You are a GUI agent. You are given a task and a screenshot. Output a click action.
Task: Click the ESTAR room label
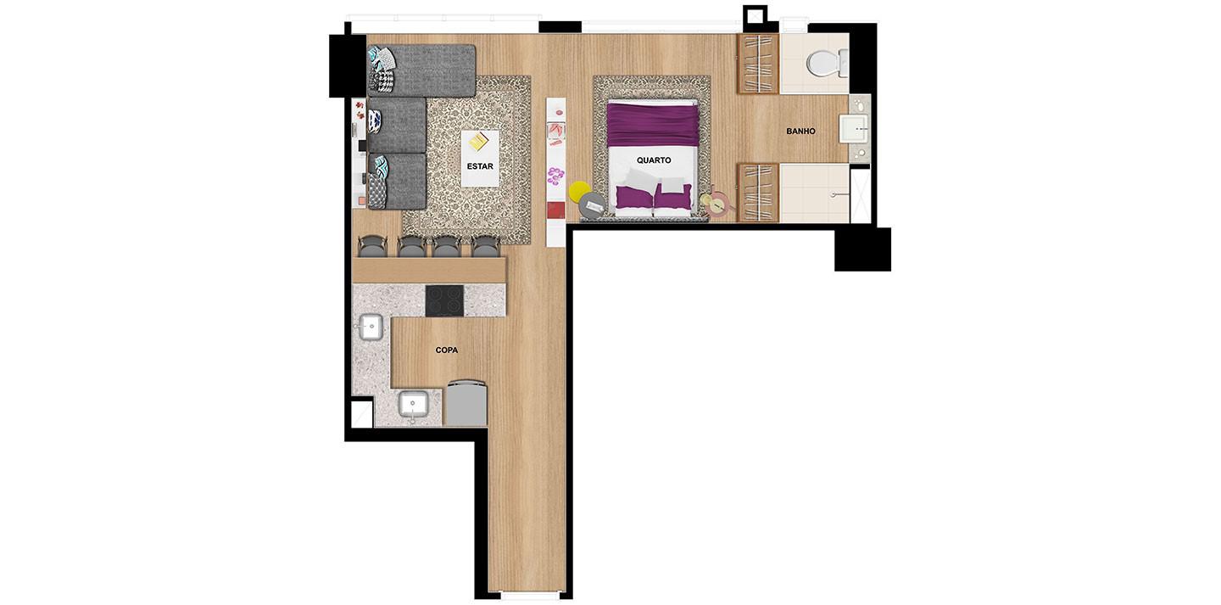click(480, 166)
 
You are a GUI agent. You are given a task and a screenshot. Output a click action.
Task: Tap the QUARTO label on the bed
click(654, 160)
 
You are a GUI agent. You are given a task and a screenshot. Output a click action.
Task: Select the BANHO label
click(800, 132)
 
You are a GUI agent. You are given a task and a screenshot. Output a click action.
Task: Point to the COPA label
click(446, 350)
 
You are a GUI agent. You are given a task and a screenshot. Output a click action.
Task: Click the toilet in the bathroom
click(827, 63)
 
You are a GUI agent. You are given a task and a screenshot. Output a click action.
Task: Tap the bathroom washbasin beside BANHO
click(854, 129)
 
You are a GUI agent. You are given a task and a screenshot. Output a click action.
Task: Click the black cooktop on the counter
click(444, 300)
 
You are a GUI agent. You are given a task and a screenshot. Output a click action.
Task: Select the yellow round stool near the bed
click(579, 191)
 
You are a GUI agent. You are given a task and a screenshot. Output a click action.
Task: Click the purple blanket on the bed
click(653, 125)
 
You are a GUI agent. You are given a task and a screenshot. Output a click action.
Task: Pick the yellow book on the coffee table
click(478, 142)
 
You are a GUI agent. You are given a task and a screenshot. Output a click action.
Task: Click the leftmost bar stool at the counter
click(373, 247)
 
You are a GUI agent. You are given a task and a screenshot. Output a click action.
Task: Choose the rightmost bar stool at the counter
click(485, 247)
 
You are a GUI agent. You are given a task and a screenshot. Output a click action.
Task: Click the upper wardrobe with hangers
click(757, 64)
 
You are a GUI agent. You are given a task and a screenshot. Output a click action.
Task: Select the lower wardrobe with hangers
click(757, 193)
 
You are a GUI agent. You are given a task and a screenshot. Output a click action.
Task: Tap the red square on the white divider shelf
click(555, 210)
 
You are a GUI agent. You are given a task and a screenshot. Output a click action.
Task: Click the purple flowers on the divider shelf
click(555, 176)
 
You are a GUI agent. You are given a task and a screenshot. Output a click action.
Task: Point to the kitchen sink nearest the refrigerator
click(413, 406)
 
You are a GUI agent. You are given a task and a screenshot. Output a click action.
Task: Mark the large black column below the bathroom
click(862, 249)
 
